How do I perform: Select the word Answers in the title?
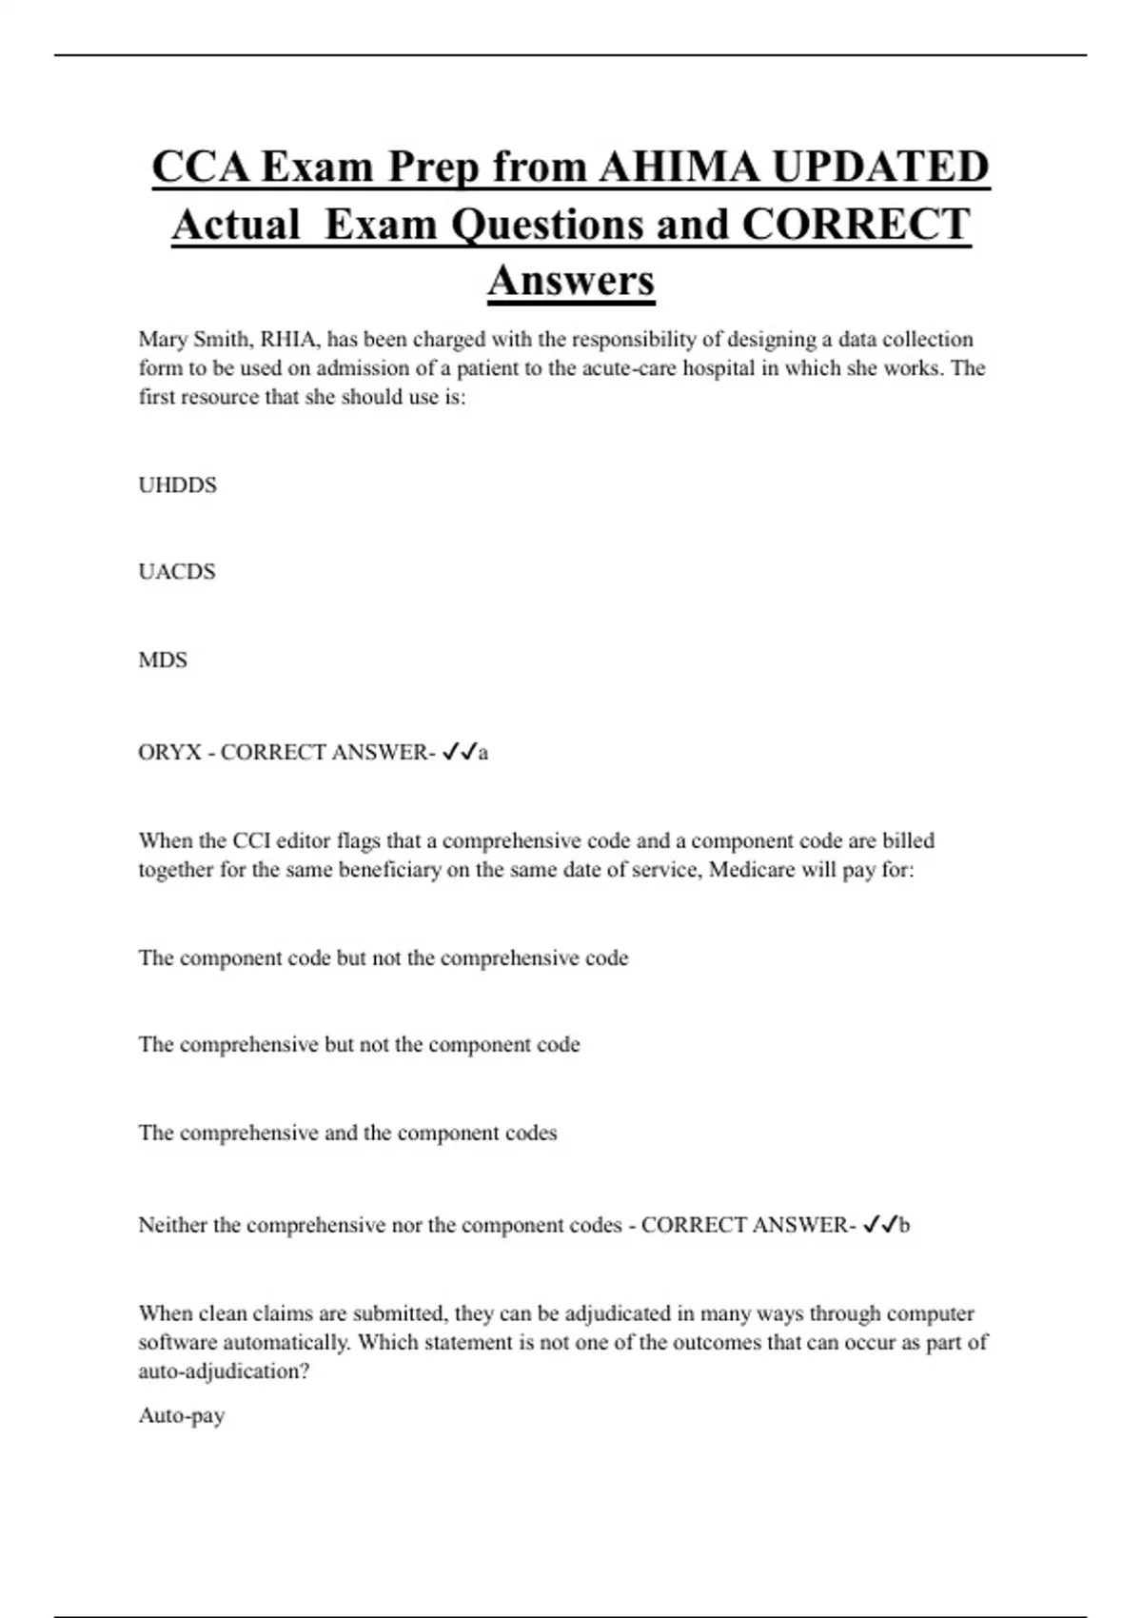coord(571,280)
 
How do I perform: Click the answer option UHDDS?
coord(178,485)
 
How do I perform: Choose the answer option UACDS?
coord(177,572)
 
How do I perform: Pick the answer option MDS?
coord(163,661)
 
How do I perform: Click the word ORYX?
coord(170,753)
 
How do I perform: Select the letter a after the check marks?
coord(483,754)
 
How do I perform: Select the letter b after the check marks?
coord(904,1226)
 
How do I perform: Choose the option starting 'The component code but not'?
coord(384,958)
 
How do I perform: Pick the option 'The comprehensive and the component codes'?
coord(347,1134)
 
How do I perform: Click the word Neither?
coord(174,1225)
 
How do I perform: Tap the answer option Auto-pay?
coord(182,1416)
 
